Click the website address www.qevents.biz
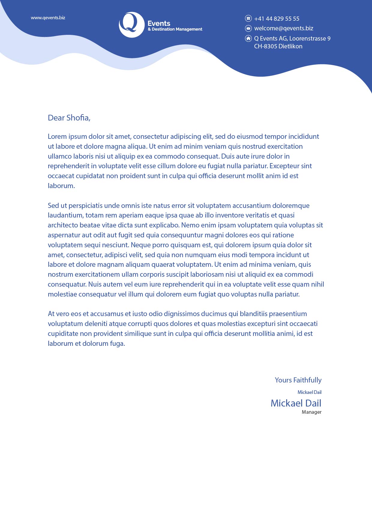tap(48, 18)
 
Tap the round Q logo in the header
tap(131, 25)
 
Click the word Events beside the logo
tap(159, 23)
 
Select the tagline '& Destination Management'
tap(175, 29)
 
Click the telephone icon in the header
tap(248, 18)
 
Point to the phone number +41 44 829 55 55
tap(277, 19)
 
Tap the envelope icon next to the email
tap(248, 28)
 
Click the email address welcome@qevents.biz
tap(283, 28)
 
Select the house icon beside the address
tap(248, 38)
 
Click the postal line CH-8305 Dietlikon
tap(278, 46)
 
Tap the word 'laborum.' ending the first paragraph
tap(61, 186)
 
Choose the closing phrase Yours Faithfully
tap(298, 380)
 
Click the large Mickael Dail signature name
tap(296, 403)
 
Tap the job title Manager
tap(311, 412)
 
